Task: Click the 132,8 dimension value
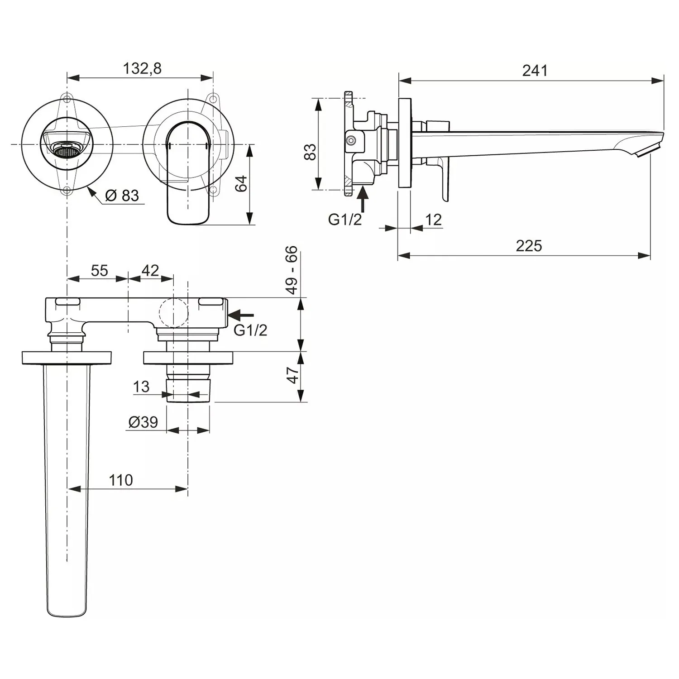coord(142,68)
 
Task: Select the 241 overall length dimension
coord(535,71)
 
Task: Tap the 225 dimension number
coord(528,246)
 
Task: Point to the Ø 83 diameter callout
coord(122,196)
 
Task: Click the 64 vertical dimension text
coord(242,183)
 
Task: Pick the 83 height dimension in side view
coord(310,152)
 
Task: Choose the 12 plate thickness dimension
coord(433,220)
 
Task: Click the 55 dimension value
coord(99,270)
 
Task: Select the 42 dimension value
coord(150,270)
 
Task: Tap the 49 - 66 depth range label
coord(292,270)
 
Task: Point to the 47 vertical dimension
coord(293,375)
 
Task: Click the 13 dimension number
coord(141,387)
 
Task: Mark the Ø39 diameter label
coord(143,422)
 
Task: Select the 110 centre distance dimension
coord(120,480)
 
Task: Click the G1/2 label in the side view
coord(345,220)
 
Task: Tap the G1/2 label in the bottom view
coord(250,330)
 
